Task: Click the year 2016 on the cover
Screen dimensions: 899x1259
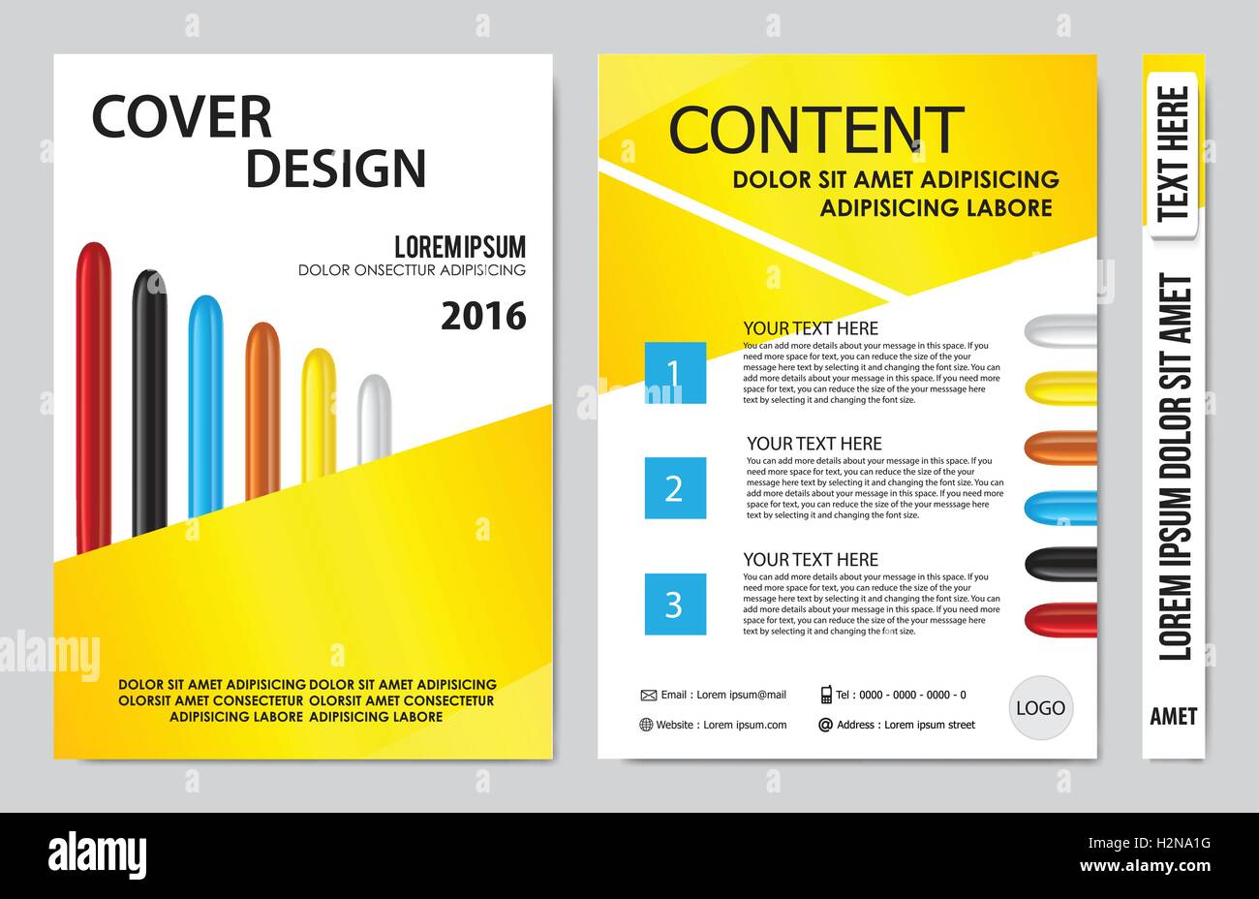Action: tap(483, 316)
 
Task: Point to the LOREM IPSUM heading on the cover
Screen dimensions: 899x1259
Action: tap(460, 246)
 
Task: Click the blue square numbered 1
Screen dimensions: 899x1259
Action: tap(675, 373)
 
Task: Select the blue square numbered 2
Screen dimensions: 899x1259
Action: tap(675, 488)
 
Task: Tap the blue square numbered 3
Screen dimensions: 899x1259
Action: tap(675, 604)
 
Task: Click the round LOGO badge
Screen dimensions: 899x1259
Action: tap(1040, 708)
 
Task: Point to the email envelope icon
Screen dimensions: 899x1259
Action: tap(648, 695)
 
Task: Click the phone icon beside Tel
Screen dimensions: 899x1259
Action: tap(826, 694)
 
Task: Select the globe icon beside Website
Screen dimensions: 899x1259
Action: tap(646, 725)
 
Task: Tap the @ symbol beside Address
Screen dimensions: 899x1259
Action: tap(825, 725)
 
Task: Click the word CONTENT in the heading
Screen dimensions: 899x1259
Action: tap(816, 131)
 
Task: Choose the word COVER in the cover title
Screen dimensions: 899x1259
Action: tap(181, 117)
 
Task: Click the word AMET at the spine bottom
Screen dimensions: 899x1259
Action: tap(1173, 717)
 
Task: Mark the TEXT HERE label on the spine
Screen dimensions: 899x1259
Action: tap(1173, 151)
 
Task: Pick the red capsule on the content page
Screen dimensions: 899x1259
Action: tap(1061, 620)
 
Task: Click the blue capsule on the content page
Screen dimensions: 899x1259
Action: tap(1061, 508)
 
